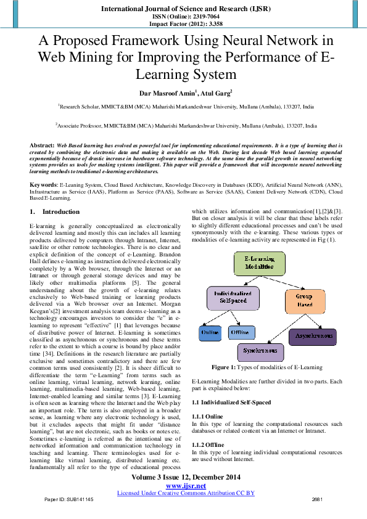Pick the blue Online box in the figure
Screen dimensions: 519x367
(x=210, y=333)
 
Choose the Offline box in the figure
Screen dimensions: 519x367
(x=241, y=333)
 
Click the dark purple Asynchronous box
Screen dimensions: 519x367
(x=313, y=337)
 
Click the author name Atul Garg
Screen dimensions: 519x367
(x=215, y=93)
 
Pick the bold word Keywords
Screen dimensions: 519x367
(x=44, y=184)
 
